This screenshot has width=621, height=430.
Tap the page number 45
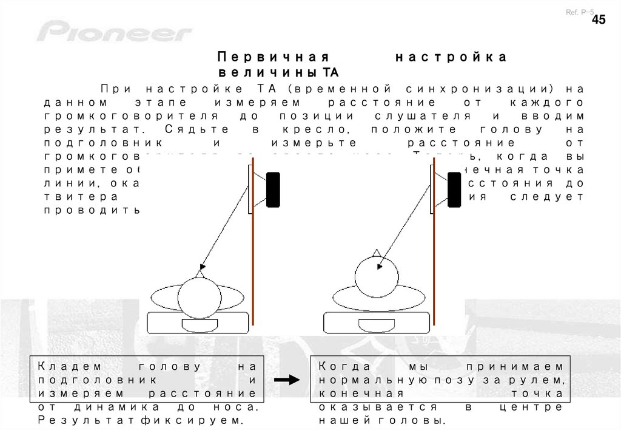point(598,20)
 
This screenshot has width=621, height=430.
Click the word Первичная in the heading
point(272,57)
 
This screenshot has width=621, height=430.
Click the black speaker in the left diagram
point(273,190)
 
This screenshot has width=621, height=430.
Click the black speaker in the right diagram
point(455,190)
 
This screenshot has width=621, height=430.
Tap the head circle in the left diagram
point(199,297)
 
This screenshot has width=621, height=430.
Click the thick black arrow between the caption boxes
point(287,380)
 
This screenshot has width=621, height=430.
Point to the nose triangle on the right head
point(377,252)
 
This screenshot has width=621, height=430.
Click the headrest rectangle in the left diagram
point(199,324)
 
